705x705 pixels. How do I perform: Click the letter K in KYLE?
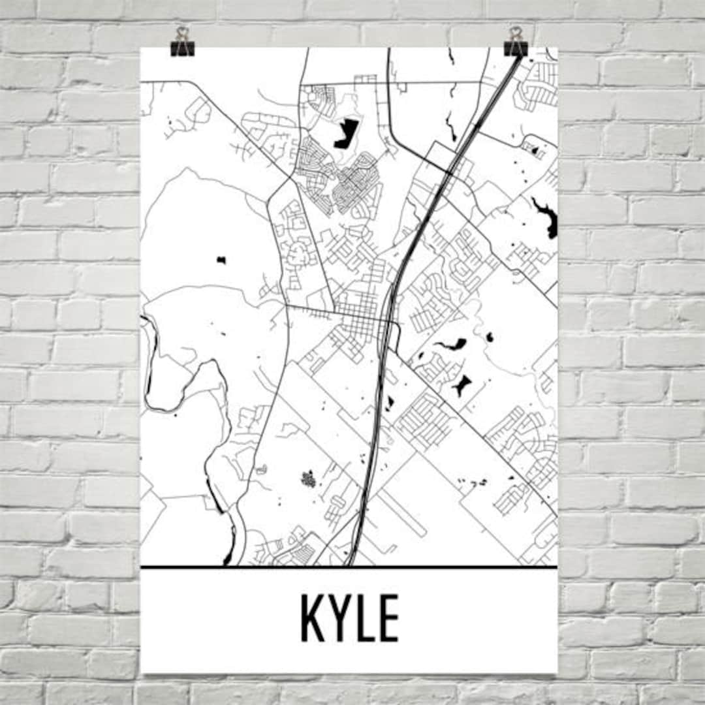point(311,618)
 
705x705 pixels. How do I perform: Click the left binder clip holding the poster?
point(182,43)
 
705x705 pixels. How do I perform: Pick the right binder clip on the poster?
point(516,43)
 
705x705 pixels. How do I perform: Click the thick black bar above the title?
point(349,567)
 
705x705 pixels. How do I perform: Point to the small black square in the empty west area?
point(221,260)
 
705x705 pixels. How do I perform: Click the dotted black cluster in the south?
point(308,478)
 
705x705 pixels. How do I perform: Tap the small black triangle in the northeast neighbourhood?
point(535,151)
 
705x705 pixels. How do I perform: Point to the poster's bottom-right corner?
point(557,672)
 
